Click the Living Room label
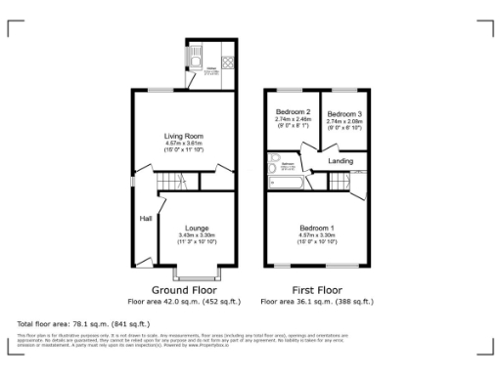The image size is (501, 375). [183, 137]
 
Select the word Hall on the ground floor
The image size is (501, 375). [145, 218]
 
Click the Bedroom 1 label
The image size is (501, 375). [316, 228]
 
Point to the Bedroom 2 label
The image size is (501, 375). [293, 112]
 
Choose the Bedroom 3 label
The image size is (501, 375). [343, 112]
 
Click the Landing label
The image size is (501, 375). [342, 161]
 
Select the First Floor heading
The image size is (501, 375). [316, 290]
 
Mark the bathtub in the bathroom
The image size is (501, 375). [284, 181]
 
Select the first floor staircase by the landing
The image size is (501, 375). [341, 181]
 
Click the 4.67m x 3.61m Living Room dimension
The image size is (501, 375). [183, 145]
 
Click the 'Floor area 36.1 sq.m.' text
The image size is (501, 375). [316, 302]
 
